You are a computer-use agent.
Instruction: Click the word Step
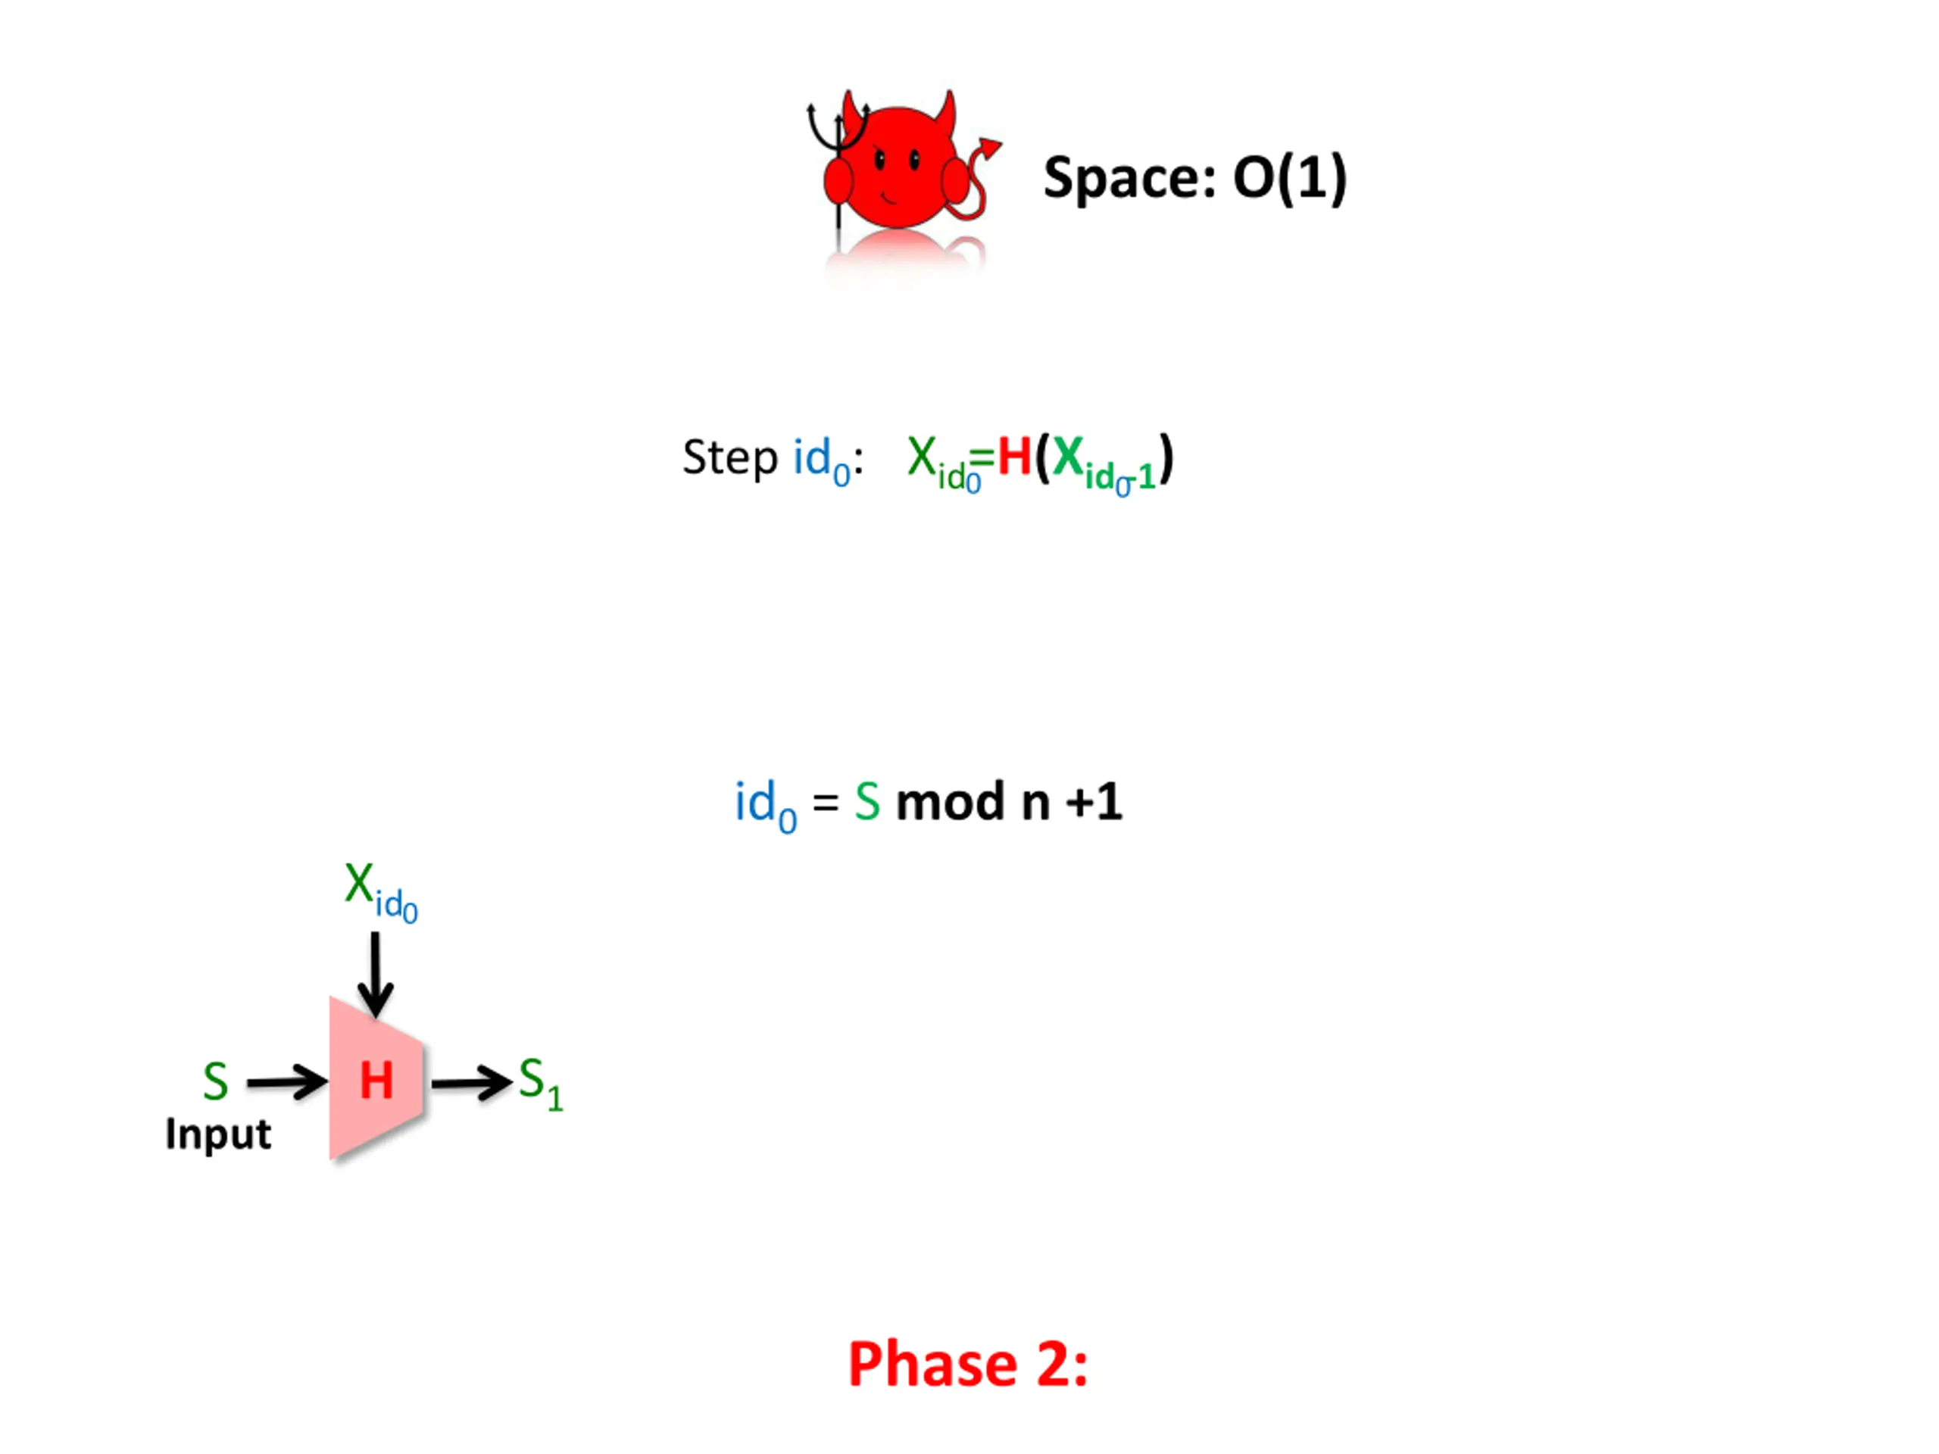click(729, 457)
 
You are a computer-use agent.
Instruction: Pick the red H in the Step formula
click(1014, 457)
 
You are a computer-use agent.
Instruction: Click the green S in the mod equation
click(867, 802)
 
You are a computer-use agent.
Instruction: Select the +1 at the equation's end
click(1093, 801)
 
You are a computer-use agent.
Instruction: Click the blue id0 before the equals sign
click(764, 804)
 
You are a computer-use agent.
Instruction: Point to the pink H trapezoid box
click(377, 1079)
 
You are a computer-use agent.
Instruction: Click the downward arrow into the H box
click(375, 974)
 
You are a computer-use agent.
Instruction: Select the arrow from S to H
click(286, 1082)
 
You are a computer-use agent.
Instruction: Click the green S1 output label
click(539, 1083)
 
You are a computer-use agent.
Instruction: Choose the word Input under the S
click(218, 1134)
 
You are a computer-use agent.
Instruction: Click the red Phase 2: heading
click(968, 1365)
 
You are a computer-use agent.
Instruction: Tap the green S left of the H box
click(216, 1081)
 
